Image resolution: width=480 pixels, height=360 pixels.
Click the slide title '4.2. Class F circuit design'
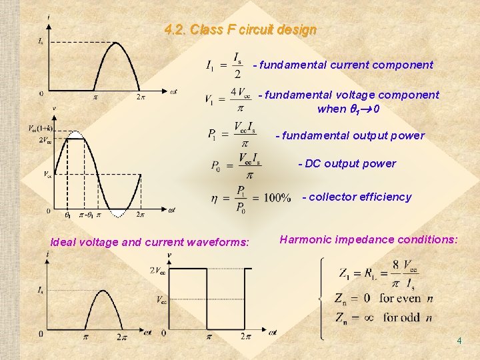(240, 30)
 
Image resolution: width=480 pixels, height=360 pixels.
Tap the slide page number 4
(459, 341)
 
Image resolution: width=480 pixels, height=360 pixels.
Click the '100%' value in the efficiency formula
(277, 198)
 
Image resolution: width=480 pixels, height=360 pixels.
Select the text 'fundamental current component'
(346, 65)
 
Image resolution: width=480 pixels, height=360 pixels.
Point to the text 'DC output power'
(350, 163)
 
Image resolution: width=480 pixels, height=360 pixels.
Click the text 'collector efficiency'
(360, 197)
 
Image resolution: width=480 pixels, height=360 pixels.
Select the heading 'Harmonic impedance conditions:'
(369, 239)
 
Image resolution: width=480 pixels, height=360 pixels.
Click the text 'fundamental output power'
(353, 135)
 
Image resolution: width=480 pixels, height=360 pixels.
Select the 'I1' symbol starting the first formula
(210, 65)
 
